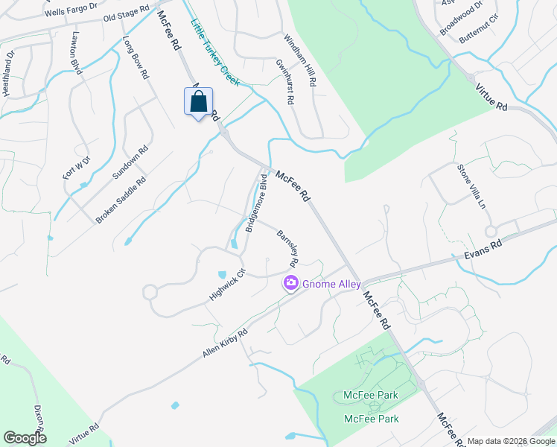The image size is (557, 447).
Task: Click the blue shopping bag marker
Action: [198, 102]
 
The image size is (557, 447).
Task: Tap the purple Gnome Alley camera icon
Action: [290, 284]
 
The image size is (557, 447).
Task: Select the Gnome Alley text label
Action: [331, 284]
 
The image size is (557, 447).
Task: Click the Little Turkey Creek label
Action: [214, 52]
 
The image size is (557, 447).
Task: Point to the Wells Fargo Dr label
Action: [71, 10]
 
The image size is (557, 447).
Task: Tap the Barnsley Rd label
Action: [287, 249]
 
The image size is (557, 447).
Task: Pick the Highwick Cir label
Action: [227, 284]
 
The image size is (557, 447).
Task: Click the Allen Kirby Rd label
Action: [224, 342]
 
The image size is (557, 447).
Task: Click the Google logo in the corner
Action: [25, 437]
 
